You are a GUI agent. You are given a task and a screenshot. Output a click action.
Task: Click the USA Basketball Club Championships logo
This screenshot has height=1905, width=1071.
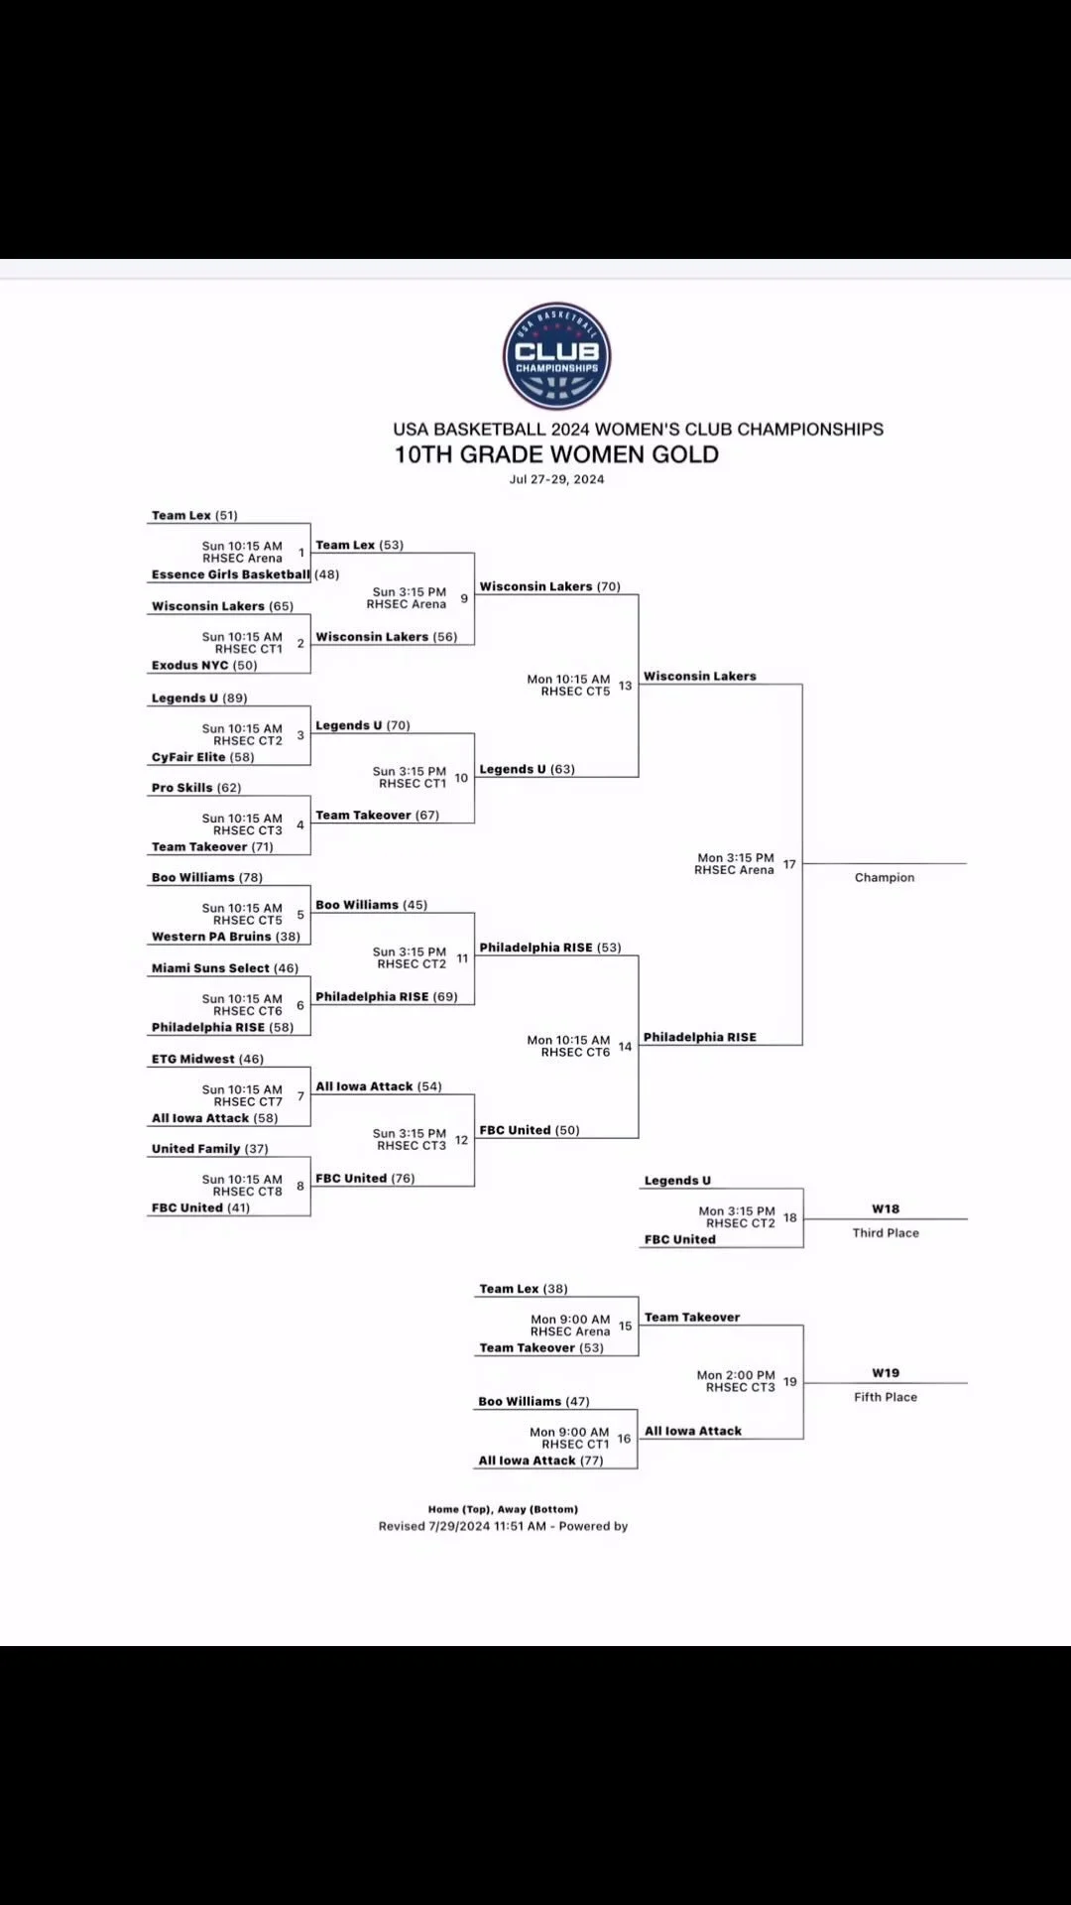pos(556,356)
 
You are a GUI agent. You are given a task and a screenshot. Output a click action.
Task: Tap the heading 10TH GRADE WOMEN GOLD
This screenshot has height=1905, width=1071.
pos(556,454)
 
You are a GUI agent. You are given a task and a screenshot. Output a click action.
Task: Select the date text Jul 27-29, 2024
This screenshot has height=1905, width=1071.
pos(556,479)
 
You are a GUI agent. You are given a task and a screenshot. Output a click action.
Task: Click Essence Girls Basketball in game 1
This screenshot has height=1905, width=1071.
pos(231,574)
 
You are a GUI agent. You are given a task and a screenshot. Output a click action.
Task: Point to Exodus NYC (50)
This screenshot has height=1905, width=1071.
pos(204,666)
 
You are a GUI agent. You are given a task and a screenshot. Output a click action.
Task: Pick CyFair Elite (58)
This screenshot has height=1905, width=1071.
pos(203,757)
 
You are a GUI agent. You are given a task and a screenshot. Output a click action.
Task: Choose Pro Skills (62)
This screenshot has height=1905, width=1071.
pos(196,788)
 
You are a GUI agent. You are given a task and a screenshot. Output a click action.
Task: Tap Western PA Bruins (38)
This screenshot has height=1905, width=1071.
pos(226,937)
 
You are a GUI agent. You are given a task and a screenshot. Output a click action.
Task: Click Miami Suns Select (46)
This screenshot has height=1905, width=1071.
pos(225,968)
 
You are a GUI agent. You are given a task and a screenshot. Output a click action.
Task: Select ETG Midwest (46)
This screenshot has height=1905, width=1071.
pos(208,1059)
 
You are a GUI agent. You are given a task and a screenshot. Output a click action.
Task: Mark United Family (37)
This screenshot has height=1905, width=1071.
pos(210,1149)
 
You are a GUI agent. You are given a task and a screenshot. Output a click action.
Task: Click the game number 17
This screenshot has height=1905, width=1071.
pos(789,864)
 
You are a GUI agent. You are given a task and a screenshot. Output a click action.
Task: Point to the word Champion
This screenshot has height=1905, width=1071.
pos(885,878)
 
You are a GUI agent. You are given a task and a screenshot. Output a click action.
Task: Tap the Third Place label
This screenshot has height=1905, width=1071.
pos(886,1233)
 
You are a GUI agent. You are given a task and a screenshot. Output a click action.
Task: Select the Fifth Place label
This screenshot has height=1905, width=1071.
pos(886,1397)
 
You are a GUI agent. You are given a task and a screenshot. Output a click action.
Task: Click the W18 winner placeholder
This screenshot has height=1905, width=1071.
pos(886,1209)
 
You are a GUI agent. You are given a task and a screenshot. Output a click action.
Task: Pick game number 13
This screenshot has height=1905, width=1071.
pos(625,686)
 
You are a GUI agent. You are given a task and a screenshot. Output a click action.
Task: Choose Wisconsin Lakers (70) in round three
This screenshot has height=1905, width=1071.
pos(550,586)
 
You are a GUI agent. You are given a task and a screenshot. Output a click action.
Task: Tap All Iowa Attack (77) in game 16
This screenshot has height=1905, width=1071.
pos(541,1460)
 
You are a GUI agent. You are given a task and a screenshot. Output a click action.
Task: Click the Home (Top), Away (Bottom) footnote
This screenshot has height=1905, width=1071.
pos(503,1509)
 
